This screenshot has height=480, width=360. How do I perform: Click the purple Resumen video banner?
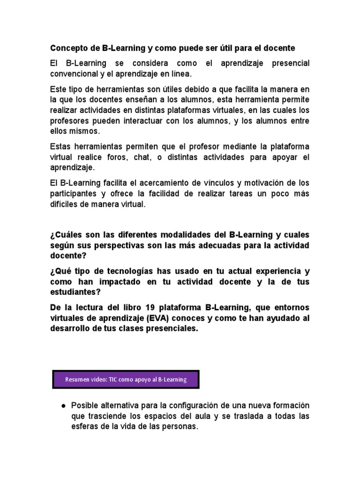[126, 380]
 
